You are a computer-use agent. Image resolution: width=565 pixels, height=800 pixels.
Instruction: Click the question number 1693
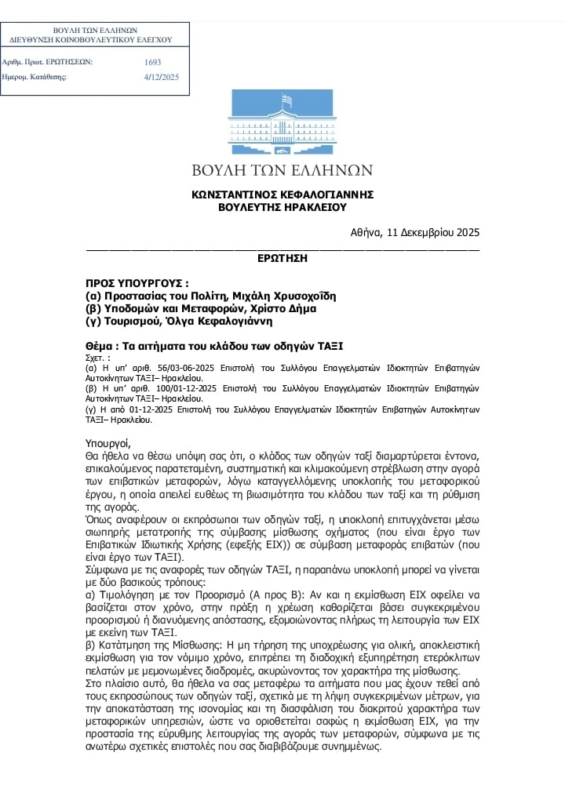coord(152,61)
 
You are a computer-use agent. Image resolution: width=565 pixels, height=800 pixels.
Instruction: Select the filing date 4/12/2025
coord(162,77)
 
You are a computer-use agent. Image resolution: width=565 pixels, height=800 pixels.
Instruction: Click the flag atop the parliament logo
coord(288,100)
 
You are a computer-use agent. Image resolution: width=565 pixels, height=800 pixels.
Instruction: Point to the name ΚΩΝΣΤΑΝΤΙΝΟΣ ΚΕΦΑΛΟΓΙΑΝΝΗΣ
coord(282,194)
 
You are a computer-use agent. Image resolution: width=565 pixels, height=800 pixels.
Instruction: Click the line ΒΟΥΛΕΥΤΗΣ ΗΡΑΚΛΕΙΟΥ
coord(282,207)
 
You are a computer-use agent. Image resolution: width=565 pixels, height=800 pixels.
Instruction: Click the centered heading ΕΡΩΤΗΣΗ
coord(282,257)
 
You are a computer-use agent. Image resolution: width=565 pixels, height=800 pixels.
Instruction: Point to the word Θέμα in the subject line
coord(100,345)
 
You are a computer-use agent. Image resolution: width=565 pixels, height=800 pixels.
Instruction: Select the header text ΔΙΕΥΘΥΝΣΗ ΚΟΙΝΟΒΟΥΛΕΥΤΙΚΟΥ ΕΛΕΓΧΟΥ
coord(89,39)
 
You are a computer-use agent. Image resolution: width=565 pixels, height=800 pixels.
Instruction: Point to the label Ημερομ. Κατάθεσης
coord(35,77)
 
